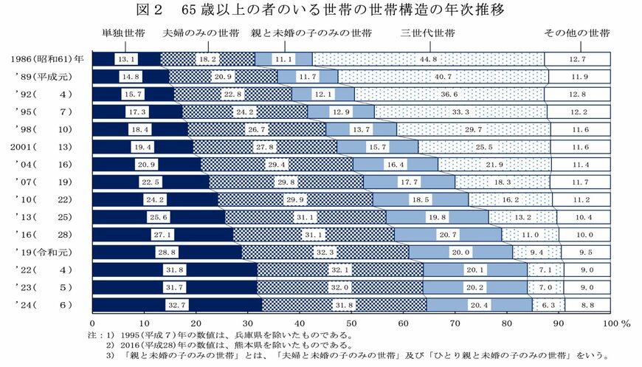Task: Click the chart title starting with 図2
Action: click(x=320, y=10)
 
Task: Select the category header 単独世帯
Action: click(x=122, y=34)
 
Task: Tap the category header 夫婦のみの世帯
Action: click(x=201, y=34)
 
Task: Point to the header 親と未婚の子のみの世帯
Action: click(x=311, y=34)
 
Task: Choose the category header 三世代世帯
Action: click(x=427, y=34)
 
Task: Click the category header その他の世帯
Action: click(x=577, y=34)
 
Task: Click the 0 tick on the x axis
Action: click(x=93, y=323)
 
